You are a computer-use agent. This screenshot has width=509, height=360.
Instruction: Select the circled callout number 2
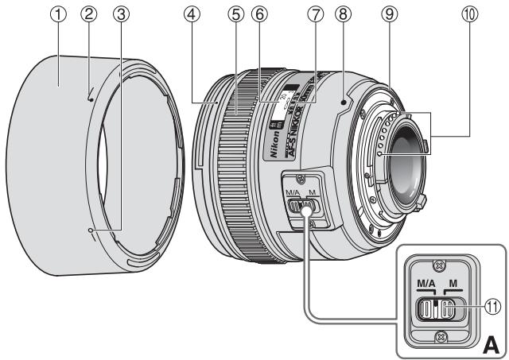click(90, 12)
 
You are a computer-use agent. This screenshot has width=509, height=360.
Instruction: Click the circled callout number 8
click(343, 12)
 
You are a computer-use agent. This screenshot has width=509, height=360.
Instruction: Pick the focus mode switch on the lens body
click(301, 206)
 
